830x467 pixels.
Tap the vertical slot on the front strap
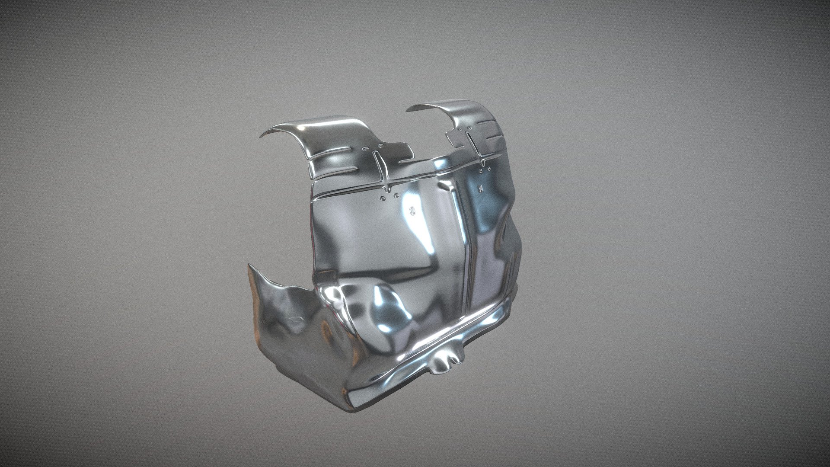[x=380, y=166]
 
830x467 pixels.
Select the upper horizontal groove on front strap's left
[x=333, y=150]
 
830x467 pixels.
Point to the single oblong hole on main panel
[x=412, y=211]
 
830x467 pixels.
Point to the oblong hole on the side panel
[x=480, y=189]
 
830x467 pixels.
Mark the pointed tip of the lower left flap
[x=249, y=265]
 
